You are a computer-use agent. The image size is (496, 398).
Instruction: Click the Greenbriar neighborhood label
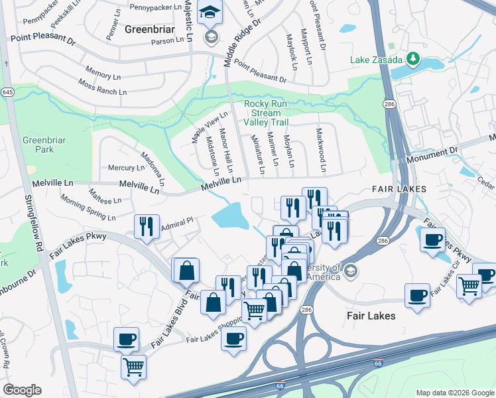tap(149, 29)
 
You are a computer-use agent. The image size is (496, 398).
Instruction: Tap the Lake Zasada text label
tap(377, 60)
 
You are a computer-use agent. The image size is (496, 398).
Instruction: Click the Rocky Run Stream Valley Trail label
tap(267, 113)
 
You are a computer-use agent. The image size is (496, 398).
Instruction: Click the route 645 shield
tap(7, 92)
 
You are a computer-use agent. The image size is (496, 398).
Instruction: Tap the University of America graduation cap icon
tap(351, 270)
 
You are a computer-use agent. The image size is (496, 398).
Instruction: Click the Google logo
tap(22, 390)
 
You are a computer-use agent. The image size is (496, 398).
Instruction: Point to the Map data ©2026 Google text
tap(454, 392)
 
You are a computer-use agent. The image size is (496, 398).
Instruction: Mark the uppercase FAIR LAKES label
tap(399, 189)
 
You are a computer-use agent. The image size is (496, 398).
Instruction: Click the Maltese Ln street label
tap(104, 194)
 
